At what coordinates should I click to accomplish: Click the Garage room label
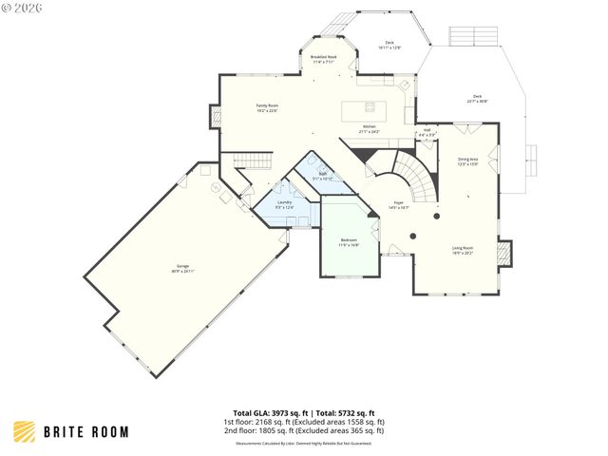coord(182,270)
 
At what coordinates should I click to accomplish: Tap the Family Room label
coord(267,107)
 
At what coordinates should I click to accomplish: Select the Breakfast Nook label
coord(324,59)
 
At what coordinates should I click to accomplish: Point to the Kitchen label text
coord(369,129)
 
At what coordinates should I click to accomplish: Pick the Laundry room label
coord(284,204)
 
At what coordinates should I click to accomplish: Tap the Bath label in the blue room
coord(322,176)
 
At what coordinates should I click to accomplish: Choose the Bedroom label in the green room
coord(349,242)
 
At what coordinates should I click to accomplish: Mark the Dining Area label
coord(467,161)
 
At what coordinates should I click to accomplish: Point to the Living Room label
coord(463,250)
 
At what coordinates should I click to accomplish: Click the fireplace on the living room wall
coord(504,252)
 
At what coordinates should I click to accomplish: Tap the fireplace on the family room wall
coord(215,117)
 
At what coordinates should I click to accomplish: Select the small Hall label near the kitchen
coord(427,132)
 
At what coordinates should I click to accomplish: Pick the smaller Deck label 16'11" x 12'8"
coord(389,45)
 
